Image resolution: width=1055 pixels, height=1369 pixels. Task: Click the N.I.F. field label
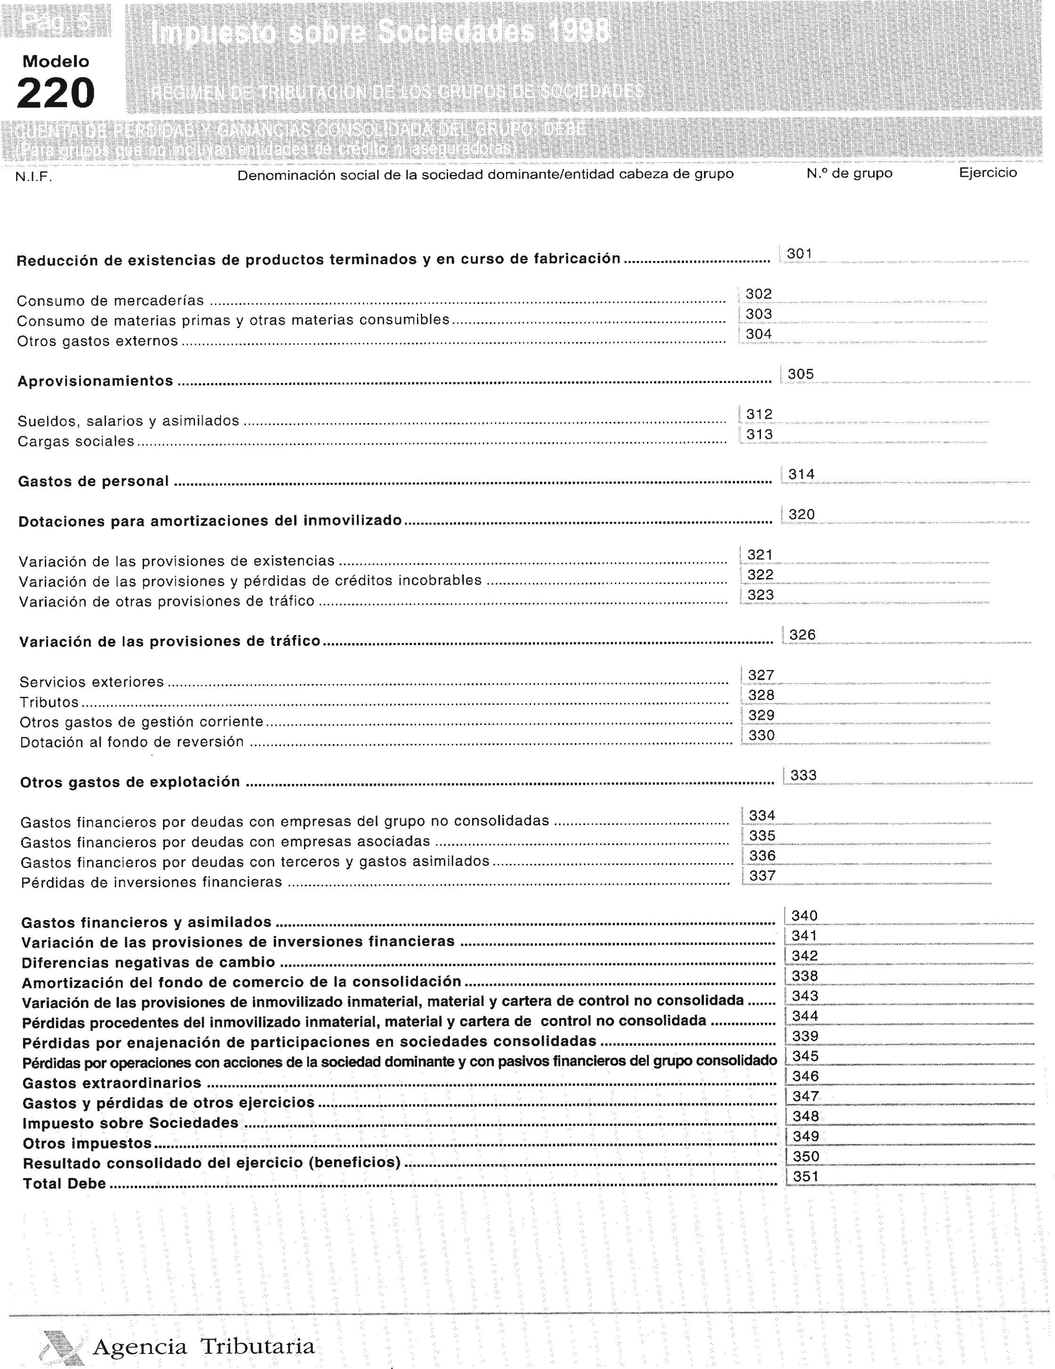coord(33,177)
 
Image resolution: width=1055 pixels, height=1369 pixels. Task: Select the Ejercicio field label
coord(987,173)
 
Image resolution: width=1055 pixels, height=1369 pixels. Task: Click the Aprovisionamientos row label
coord(95,381)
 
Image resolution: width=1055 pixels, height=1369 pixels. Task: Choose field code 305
coord(801,374)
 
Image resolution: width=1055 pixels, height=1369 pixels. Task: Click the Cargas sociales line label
coord(76,441)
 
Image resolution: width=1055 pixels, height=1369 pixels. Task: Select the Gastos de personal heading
coord(93,481)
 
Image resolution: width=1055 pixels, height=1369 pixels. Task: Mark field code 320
coord(801,514)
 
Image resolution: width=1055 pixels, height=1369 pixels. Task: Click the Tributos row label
coord(49,702)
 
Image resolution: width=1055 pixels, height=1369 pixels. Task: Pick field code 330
coord(761,735)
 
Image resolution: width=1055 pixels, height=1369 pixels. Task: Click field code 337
coord(762,876)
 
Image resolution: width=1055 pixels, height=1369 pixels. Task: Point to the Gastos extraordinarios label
coord(112,1083)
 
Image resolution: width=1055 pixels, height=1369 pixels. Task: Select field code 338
coord(805,976)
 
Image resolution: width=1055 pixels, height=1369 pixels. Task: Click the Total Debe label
coord(65,1183)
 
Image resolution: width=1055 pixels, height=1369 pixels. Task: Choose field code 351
coord(806,1177)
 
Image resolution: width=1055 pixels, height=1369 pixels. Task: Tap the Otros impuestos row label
coord(87,1143)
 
